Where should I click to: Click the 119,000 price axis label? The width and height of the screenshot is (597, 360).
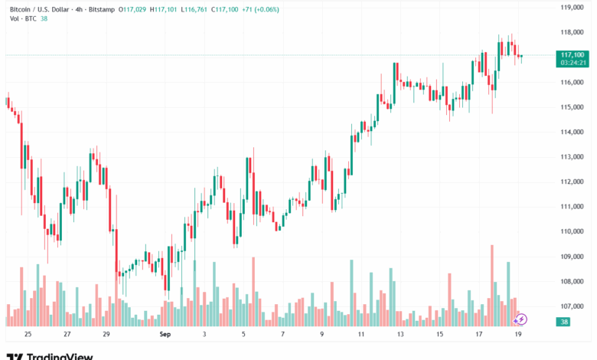573,8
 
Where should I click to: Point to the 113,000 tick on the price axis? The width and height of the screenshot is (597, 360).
573,157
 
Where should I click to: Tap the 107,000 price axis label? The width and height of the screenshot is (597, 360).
573,306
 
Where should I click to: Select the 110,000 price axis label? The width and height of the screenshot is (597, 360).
573,231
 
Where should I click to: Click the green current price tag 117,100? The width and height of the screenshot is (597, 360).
573,54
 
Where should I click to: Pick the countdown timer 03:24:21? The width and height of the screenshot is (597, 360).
573,63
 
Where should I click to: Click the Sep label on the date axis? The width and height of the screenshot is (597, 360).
165,335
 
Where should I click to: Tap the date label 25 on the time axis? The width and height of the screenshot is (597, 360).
28,335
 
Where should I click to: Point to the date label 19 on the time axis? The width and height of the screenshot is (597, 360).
518,335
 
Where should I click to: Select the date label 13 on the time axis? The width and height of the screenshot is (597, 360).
400,335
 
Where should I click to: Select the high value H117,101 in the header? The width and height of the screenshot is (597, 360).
166,8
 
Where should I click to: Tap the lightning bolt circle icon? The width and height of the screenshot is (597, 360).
521,319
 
